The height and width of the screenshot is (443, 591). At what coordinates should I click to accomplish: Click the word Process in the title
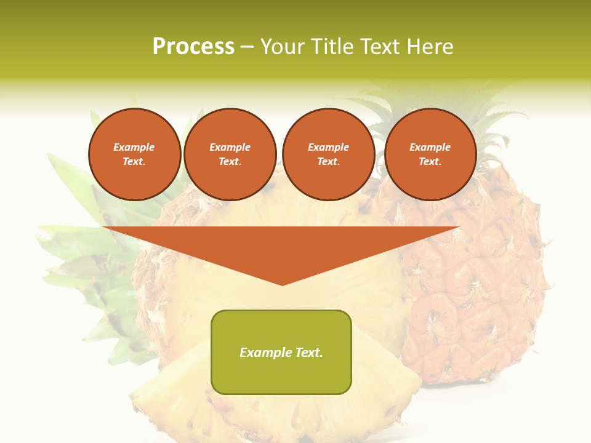[x=193, y=47]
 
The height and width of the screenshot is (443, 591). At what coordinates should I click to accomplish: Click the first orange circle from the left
[x=135, y=154]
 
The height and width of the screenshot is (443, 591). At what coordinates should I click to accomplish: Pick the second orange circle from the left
[x=230, y=154]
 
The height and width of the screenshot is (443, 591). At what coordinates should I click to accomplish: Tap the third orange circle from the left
[x=329, y=154]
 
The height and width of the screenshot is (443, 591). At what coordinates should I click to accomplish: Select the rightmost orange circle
[x=430, y=154]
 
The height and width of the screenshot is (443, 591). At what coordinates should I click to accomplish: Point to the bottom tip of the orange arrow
[x=282, y=284]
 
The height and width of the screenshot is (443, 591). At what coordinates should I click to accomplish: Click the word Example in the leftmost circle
[x=134, y=147]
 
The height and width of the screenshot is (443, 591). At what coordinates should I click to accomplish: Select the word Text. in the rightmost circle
[x=430, y=162]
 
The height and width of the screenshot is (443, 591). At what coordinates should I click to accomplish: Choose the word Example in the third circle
[x=329, y=147]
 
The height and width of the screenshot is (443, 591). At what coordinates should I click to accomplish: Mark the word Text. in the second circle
[x=230, y=162]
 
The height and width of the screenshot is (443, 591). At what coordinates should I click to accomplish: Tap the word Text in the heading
[x=379, y=47]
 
